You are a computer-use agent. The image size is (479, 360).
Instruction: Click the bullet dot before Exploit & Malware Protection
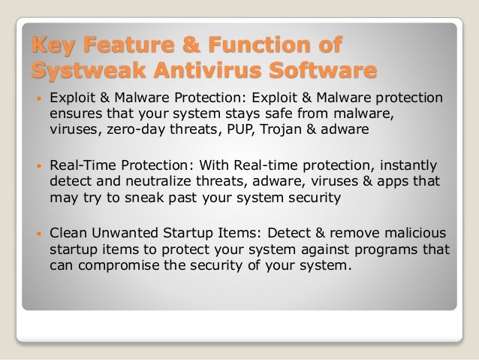(36, 98)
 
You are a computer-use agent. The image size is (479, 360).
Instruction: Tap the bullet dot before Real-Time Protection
(36, 165)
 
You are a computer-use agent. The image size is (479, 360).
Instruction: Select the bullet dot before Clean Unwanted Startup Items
(36, 232)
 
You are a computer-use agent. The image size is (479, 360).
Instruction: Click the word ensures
(74, 113)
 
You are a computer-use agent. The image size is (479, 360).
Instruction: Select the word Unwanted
(122, 232)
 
